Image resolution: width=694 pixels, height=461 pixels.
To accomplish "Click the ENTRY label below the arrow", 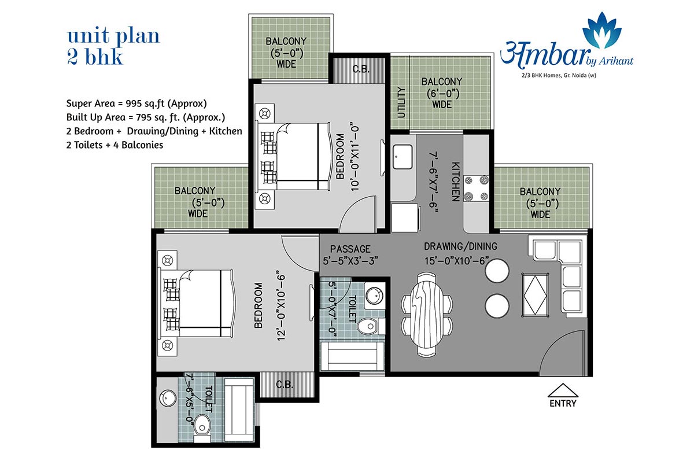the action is pyautogui.click(x=563, y=403).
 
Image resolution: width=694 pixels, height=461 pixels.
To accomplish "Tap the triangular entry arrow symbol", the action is pyautogui.click(x=563, y=390).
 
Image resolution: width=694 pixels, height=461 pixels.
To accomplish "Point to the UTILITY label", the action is pyautogui.click(x=401, y=102).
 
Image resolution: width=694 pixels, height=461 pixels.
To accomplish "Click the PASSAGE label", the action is pyautogui.click(x=350, y=249).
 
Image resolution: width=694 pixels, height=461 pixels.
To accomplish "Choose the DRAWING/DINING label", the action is pyautogui.click(x=461, y=246).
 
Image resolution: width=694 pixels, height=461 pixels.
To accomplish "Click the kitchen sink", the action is pyautogui.click(x=403, y=157).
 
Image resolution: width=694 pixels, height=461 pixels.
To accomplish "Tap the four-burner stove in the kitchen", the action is pyautogui.click(x=476, y=188).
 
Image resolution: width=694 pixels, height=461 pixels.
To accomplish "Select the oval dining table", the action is pyautogui.click(x=427, y=314).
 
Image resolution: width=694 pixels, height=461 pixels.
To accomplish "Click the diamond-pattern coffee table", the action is pyautogui.click(x=535, y=294).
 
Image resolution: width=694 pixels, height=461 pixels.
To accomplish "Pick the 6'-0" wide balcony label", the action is pyautogui.click(x=442, y=93).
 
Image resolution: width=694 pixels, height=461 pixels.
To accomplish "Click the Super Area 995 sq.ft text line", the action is pyautogui.click(x=136, y=104).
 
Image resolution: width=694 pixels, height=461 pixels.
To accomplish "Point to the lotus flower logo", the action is pyautogui.click(x=601, y=30).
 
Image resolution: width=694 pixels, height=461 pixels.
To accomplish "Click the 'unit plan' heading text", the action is pyautogui.click(x=113, y=36).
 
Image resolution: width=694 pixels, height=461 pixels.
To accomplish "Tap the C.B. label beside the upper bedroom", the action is pyautogui.click(x=361, y=69).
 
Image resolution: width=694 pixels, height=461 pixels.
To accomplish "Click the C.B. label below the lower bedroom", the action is pyautogui.click(x=284, y=385).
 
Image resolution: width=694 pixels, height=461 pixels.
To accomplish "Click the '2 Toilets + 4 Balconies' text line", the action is pyautogui.click(x=115, y=145).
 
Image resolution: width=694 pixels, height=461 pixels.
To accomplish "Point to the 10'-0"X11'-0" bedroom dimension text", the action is pyautogui.click(x=355, y=158).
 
